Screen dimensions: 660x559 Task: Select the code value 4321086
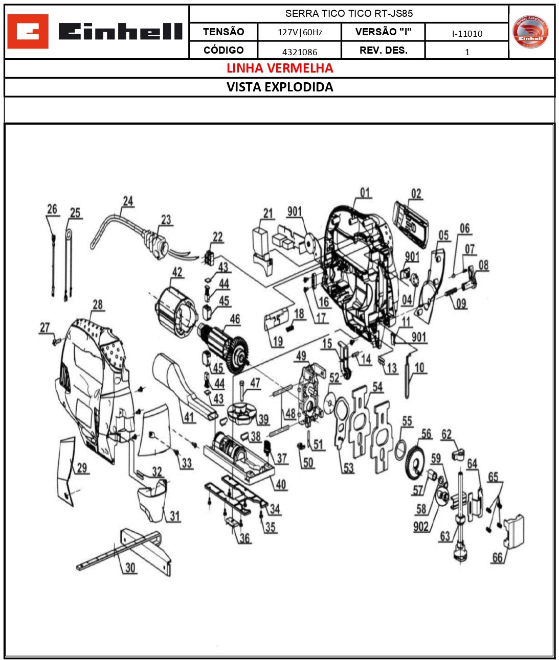(x=300, y=52)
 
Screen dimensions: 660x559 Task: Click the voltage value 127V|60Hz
(x=300, y=32)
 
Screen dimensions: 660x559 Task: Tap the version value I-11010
(x=467, y=34)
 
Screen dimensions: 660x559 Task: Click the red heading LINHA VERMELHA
(x=280, y=68)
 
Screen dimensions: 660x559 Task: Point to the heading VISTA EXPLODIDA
(x=280, y=87)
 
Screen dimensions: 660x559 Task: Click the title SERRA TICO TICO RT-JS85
(x=349, y=14)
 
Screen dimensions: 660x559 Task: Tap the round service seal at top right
(x=530, y=32)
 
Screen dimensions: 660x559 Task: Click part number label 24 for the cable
(x=128, y=201)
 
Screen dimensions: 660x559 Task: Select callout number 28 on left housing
(x=98, y=305)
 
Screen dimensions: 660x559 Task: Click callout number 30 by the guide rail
(x=130, y=568)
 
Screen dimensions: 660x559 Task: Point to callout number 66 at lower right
(x=497, y=557)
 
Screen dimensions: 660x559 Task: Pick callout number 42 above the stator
(x=177, y=272)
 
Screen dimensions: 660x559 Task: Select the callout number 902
(x=420, y=526)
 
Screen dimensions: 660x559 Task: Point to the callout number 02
(x=416, y=194)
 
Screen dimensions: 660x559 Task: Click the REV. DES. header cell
(x=383, y=51)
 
